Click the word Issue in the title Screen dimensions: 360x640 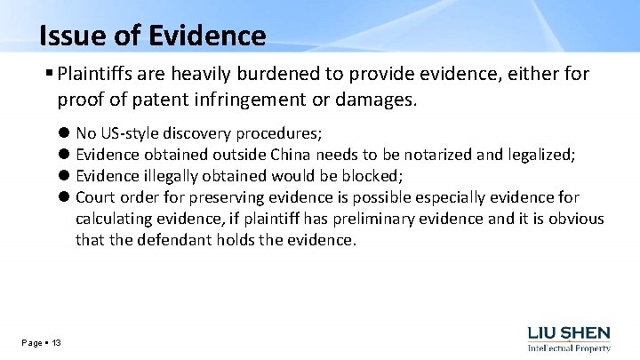click(73, 36)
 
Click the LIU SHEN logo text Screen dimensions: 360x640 click(569, 333)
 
